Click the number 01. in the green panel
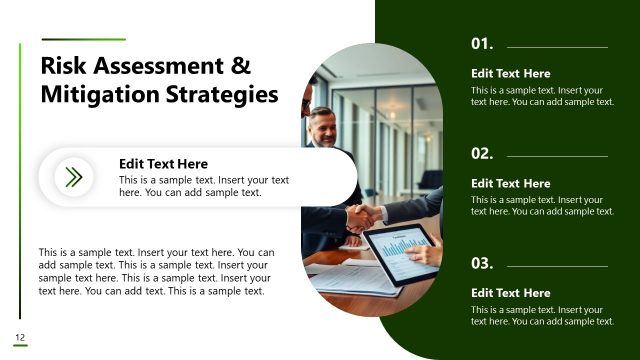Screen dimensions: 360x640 [x=482, y=45]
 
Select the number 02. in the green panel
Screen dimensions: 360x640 [x=482, y=154]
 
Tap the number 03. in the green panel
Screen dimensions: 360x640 [x=482, y=264]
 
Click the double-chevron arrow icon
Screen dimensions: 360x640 [x=73, y=178]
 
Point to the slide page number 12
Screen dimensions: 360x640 [x=19, y=336]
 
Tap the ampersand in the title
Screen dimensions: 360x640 [x=241, y=67]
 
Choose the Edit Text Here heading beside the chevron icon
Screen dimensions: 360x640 [x=163, y=164]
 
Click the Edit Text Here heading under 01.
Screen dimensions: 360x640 [x=510, y=74]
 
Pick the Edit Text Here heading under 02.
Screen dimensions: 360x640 [x=510, y=184]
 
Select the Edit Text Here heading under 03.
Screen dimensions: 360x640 [x=510, y=293]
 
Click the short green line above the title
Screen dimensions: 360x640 [x=83, y=40]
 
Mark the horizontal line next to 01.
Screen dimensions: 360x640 [x=557, y=46]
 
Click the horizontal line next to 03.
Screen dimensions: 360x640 [x=557, y=265]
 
